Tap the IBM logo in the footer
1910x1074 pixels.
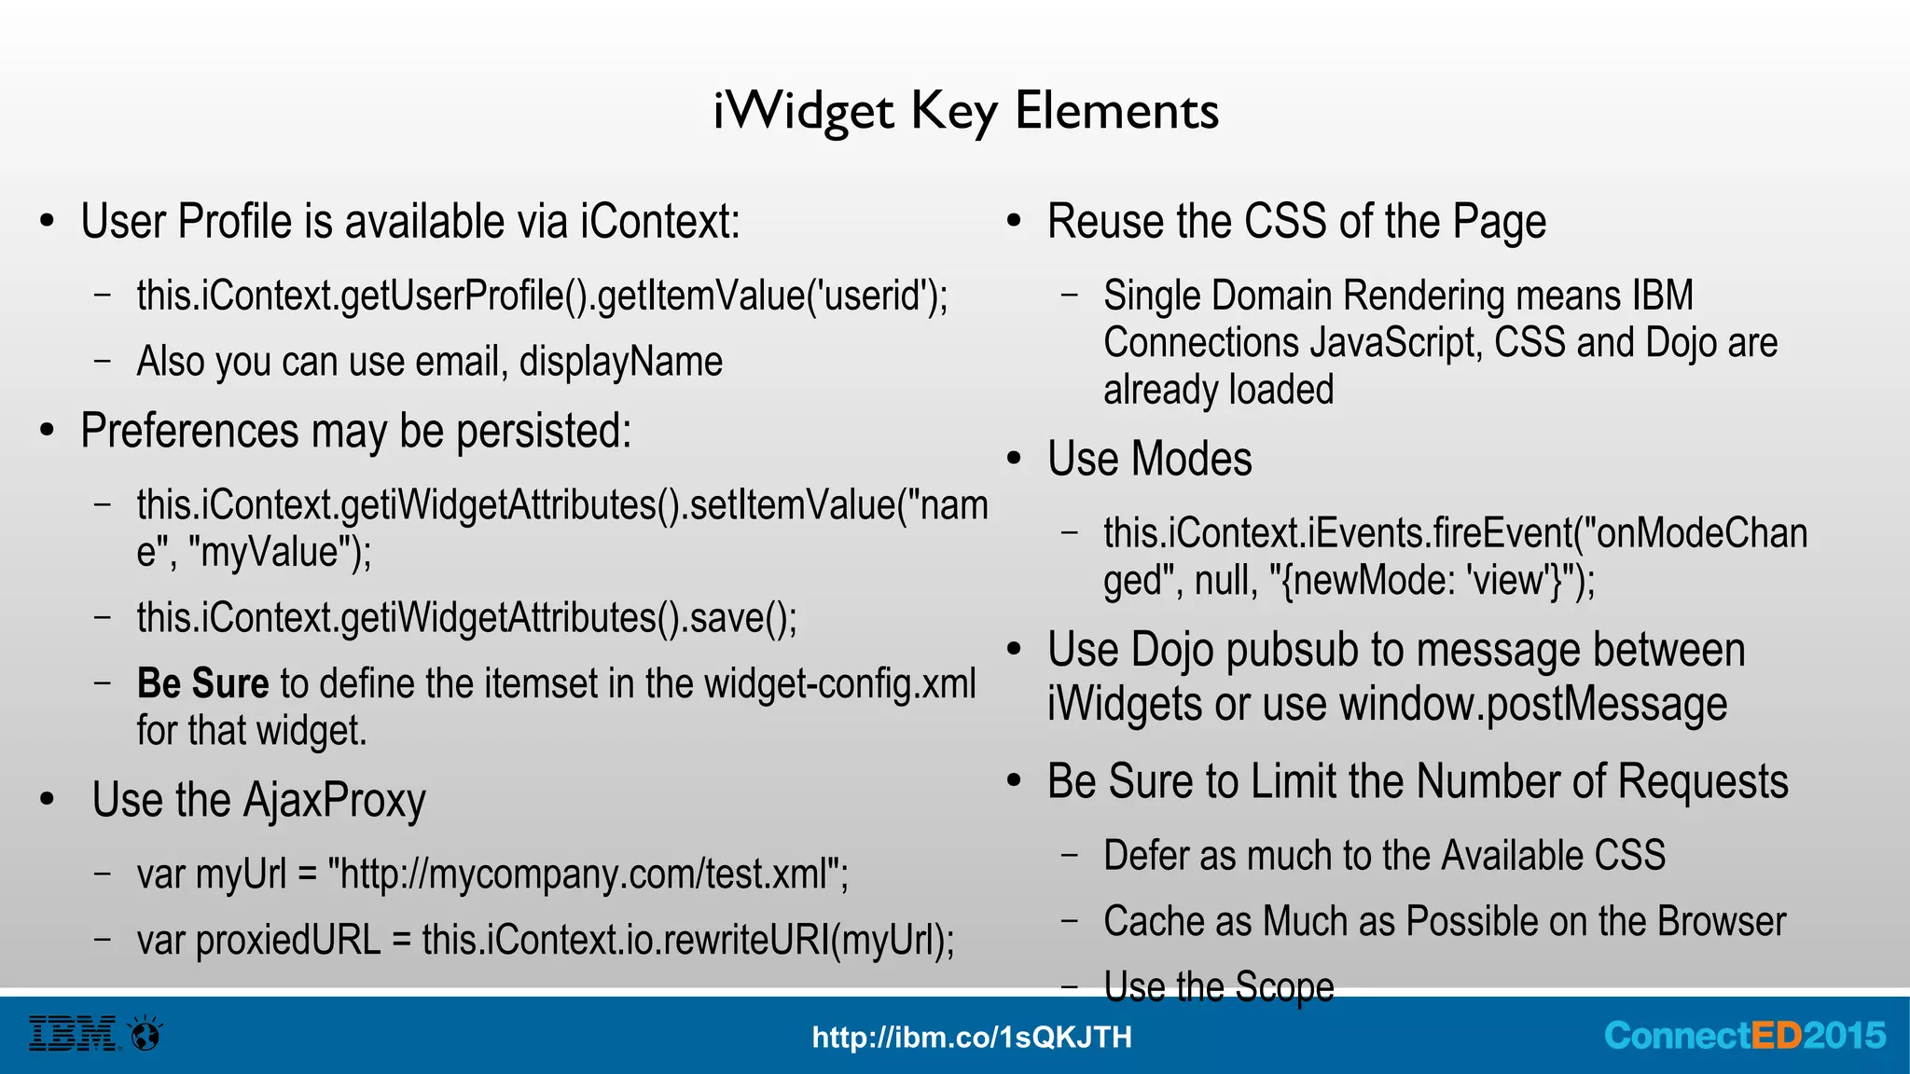pyautogui.click(x=73, y=1034)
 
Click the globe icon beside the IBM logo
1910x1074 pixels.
pyautogui.click(x=145, y=1034)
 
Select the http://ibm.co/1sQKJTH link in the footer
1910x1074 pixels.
pyautogui.click(x=972, y=1037)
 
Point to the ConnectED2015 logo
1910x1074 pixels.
pyautogui.click(x=1744, y=1036)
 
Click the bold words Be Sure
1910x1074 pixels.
pyautogui.click(x=202, y=683)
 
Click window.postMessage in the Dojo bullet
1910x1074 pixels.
pyautogui.click(x=1533, y=704)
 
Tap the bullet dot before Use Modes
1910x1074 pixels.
pyautogui.click(x=1015, y=459)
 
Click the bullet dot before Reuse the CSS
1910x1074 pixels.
pyautogui.click(x=1015, y=222)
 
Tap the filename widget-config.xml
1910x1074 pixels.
pyautogui.click(x=839, y=683)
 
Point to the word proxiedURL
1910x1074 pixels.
pyautogui.click(x=259, y=940)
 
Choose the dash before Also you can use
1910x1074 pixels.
pyautogui.click(x=103, y=361)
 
